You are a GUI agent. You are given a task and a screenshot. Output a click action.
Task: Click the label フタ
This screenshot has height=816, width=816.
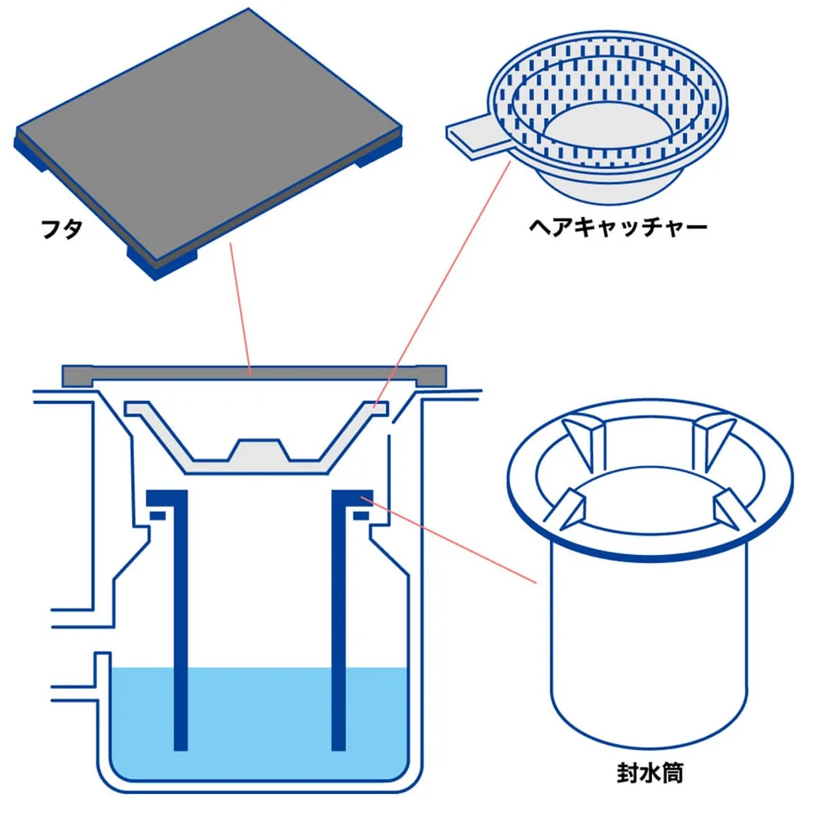pos(62,229)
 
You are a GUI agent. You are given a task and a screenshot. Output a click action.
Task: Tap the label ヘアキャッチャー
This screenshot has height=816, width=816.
pos(619,227)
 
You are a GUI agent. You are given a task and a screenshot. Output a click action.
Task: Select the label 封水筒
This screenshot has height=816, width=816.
pos(650,774)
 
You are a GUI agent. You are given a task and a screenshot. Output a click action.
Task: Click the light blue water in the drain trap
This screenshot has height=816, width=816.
pos(259,723)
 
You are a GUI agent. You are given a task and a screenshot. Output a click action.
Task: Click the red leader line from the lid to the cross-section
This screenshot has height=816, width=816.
pos(241,309)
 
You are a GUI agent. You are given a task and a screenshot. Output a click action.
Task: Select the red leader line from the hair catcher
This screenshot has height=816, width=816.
pos(441,284)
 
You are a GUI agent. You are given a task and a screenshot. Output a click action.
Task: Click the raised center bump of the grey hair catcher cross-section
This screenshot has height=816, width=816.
pos(259,450)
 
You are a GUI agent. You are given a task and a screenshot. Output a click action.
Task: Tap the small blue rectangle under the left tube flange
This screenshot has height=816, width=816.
pos(157,516)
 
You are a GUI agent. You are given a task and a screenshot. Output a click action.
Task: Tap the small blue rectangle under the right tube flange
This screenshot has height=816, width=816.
pos(361,516)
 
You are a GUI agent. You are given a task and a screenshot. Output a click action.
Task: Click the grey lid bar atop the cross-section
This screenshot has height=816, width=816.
pos(255,375)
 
